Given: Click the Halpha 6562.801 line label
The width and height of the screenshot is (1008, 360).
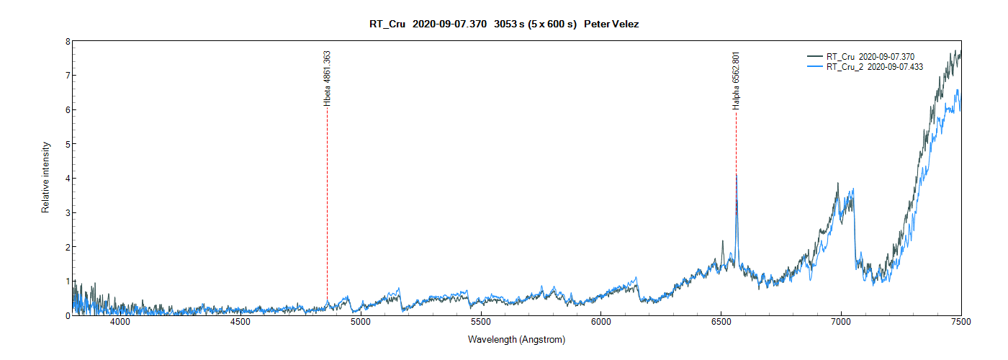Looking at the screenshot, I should (x=736, y=81).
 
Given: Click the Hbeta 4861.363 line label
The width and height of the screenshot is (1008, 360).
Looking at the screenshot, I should (x=327, y=79).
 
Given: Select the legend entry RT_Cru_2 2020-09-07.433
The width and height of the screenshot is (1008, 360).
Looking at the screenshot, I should (x=874, y=66).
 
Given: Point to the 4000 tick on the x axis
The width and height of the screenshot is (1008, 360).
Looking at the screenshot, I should (x=120, y=322).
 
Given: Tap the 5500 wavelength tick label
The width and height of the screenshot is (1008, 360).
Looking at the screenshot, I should (x=480, y=322).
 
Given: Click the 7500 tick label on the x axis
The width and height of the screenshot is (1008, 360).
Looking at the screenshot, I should (x=960, y=322).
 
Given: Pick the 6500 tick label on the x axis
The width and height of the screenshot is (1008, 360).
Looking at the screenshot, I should (x=721, y=322).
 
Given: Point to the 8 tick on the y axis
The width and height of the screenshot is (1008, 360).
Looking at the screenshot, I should (x=68, y=42).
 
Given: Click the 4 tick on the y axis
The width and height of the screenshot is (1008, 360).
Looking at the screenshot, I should (x=68, y=179).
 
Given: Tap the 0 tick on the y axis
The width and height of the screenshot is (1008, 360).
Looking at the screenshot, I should (x=68, y=315).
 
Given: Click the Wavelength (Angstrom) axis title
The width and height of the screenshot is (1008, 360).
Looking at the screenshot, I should (x=516, y=339).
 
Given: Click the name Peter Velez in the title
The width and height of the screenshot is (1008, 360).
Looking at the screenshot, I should (x=611, y=24).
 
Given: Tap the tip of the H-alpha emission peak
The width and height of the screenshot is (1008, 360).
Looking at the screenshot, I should (x=736, y=175).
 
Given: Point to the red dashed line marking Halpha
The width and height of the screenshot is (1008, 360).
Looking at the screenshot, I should (x=736, y=144).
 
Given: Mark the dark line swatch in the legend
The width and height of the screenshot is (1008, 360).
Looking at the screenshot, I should (x=814, y=56).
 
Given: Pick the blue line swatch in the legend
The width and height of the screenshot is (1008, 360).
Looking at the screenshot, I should (x=814, y=66).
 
